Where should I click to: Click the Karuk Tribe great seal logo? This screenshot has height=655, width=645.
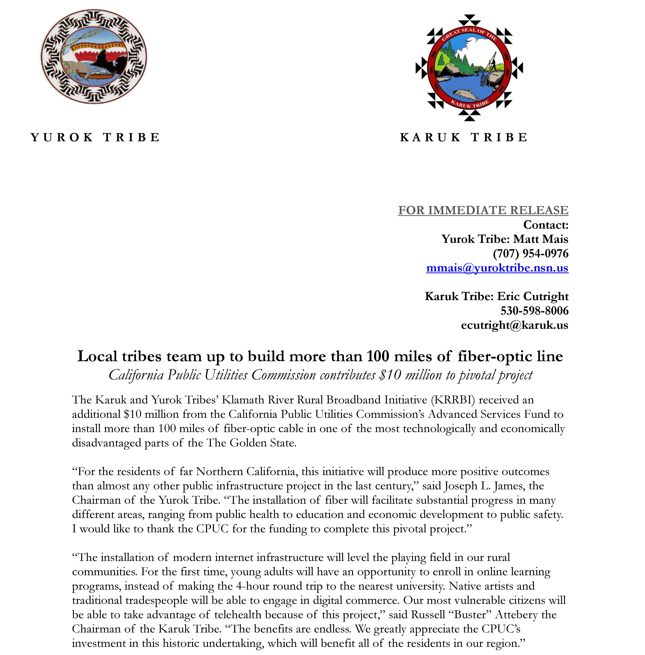click(x=469, y=68)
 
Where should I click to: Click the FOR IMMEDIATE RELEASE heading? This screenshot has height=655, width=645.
click(x=483, y=210)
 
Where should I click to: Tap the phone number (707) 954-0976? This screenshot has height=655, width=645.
click(x=531, y=253)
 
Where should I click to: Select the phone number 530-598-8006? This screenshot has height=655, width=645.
click(x=535, y=311)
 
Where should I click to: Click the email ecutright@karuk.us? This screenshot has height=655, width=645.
click(x=515, y=325)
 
